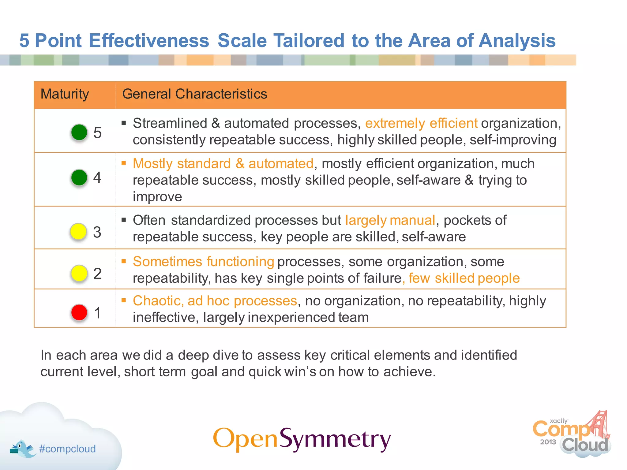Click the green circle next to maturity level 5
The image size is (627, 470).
79,132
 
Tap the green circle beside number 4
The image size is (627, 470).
79,177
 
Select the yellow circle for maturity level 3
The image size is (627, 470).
78,232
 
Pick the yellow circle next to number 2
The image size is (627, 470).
79,273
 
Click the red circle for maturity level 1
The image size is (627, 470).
79,312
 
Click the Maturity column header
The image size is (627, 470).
65,94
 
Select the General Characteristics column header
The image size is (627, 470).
195,94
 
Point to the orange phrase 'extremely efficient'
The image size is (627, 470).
421,123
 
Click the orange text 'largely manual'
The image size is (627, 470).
390,220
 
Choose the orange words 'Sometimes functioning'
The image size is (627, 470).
203,262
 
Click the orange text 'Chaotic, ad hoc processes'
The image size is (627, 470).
215,301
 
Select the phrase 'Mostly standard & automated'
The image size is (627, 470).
223,164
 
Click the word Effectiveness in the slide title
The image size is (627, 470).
149,41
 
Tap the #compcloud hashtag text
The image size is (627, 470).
67,449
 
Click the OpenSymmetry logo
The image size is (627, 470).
302,439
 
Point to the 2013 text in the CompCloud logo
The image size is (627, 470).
548,442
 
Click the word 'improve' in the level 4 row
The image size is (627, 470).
157,197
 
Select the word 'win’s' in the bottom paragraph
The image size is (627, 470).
300,372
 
